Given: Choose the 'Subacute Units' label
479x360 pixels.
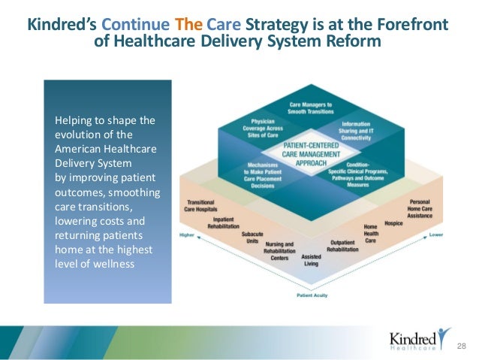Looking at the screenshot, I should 252,238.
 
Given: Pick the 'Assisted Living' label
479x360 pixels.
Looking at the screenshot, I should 311,259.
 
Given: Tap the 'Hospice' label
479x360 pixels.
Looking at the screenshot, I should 394,223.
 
